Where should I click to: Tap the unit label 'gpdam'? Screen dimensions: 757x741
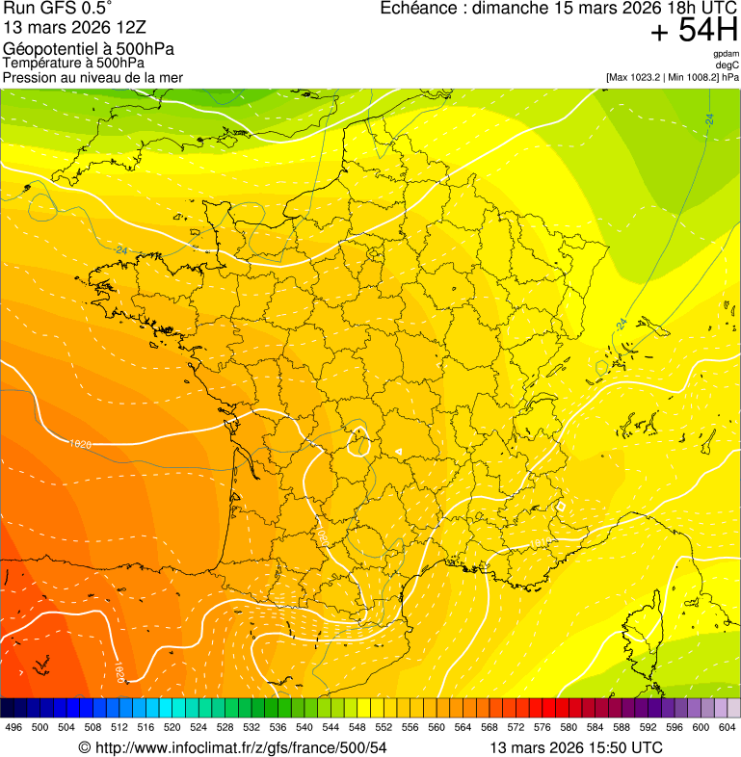tap(726, 54)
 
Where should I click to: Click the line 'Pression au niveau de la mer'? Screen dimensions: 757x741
tap(93, 77)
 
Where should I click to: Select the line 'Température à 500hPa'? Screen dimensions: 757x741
tap(73, 64)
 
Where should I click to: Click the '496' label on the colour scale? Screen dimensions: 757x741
tap(13, 728)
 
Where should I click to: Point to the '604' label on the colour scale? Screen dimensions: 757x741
tap(727, 728)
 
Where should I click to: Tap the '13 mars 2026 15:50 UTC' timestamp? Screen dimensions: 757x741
tap(576, 747)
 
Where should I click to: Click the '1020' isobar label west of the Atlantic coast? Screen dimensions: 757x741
tap(81, 444)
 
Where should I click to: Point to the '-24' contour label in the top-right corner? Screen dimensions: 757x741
tap(709, 119)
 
